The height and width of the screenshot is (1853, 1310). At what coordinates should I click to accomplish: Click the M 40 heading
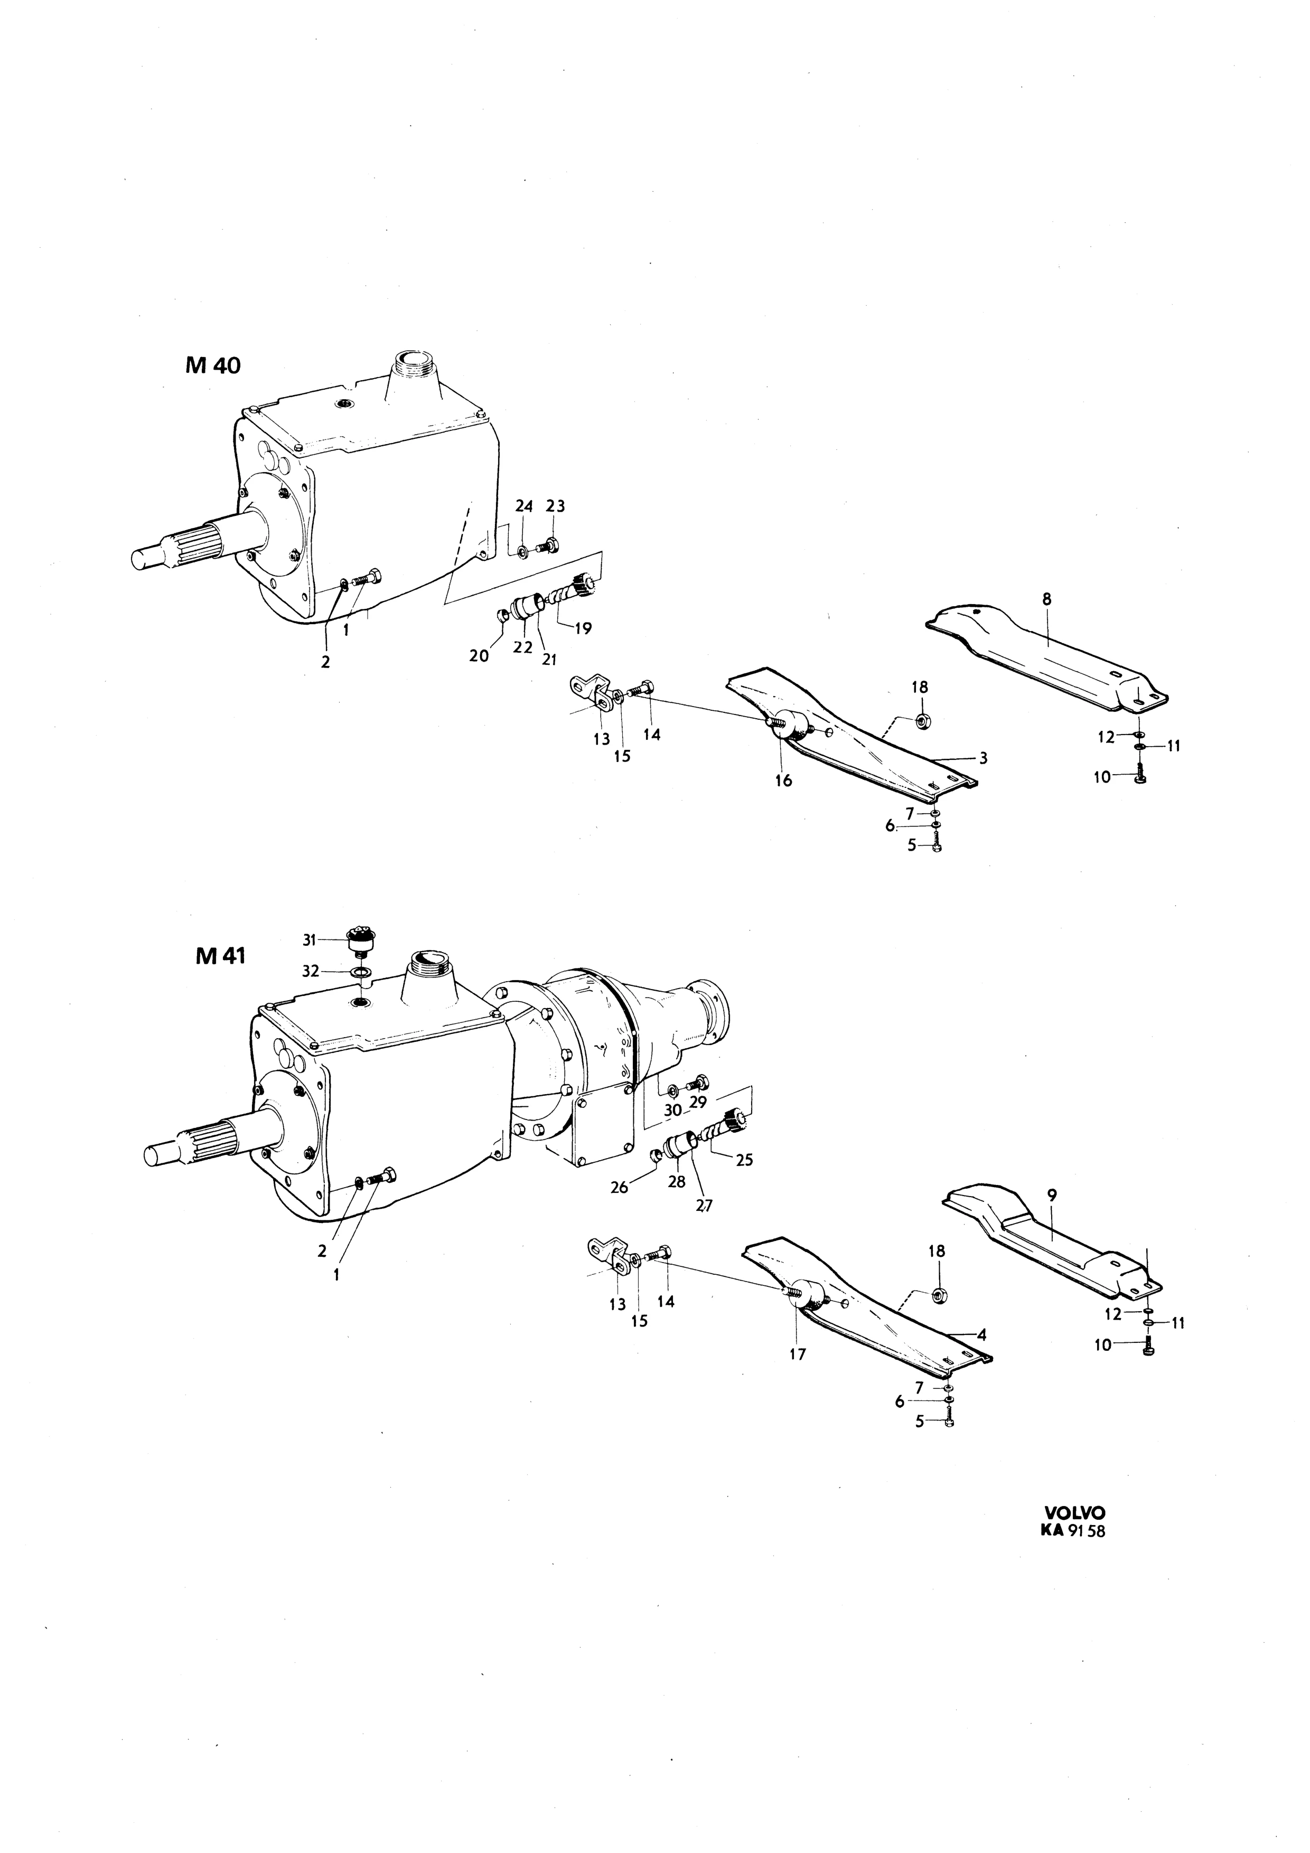(212, 365)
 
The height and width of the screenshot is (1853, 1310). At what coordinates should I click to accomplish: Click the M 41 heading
(220, 956)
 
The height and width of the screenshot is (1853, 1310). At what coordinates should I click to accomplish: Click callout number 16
(783, 780)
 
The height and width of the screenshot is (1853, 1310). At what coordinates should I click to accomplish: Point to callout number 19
(582, 629)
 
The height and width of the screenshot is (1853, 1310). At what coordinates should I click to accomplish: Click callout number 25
(744, 1160)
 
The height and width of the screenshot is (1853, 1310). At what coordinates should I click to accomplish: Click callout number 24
(525, 506)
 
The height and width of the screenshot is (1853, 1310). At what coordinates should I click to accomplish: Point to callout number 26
(619, 1188)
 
